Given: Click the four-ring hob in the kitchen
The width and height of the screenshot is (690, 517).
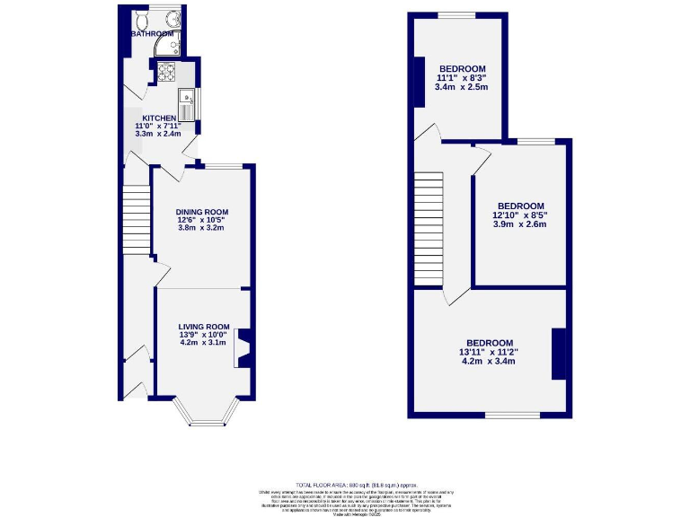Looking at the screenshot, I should click(x=166, y=72).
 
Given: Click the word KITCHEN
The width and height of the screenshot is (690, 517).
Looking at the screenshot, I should click(x=158, y=118).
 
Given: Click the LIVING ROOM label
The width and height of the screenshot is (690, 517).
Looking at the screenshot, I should click(x=204, y=327).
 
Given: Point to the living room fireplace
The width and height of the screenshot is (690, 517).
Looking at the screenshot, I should click(x=243, y=348).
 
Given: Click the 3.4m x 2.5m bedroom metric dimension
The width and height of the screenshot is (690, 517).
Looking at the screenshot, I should click(x=461, y=87).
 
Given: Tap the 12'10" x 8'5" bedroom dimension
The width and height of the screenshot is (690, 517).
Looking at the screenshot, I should click(x=519, y=215).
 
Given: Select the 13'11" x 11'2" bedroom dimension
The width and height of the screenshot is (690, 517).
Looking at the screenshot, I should click(x=490, y=352).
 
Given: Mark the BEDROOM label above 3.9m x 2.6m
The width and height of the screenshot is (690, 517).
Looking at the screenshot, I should click(x=520, y=206).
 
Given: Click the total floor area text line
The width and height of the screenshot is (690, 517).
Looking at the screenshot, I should click(x=357, y=485).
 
